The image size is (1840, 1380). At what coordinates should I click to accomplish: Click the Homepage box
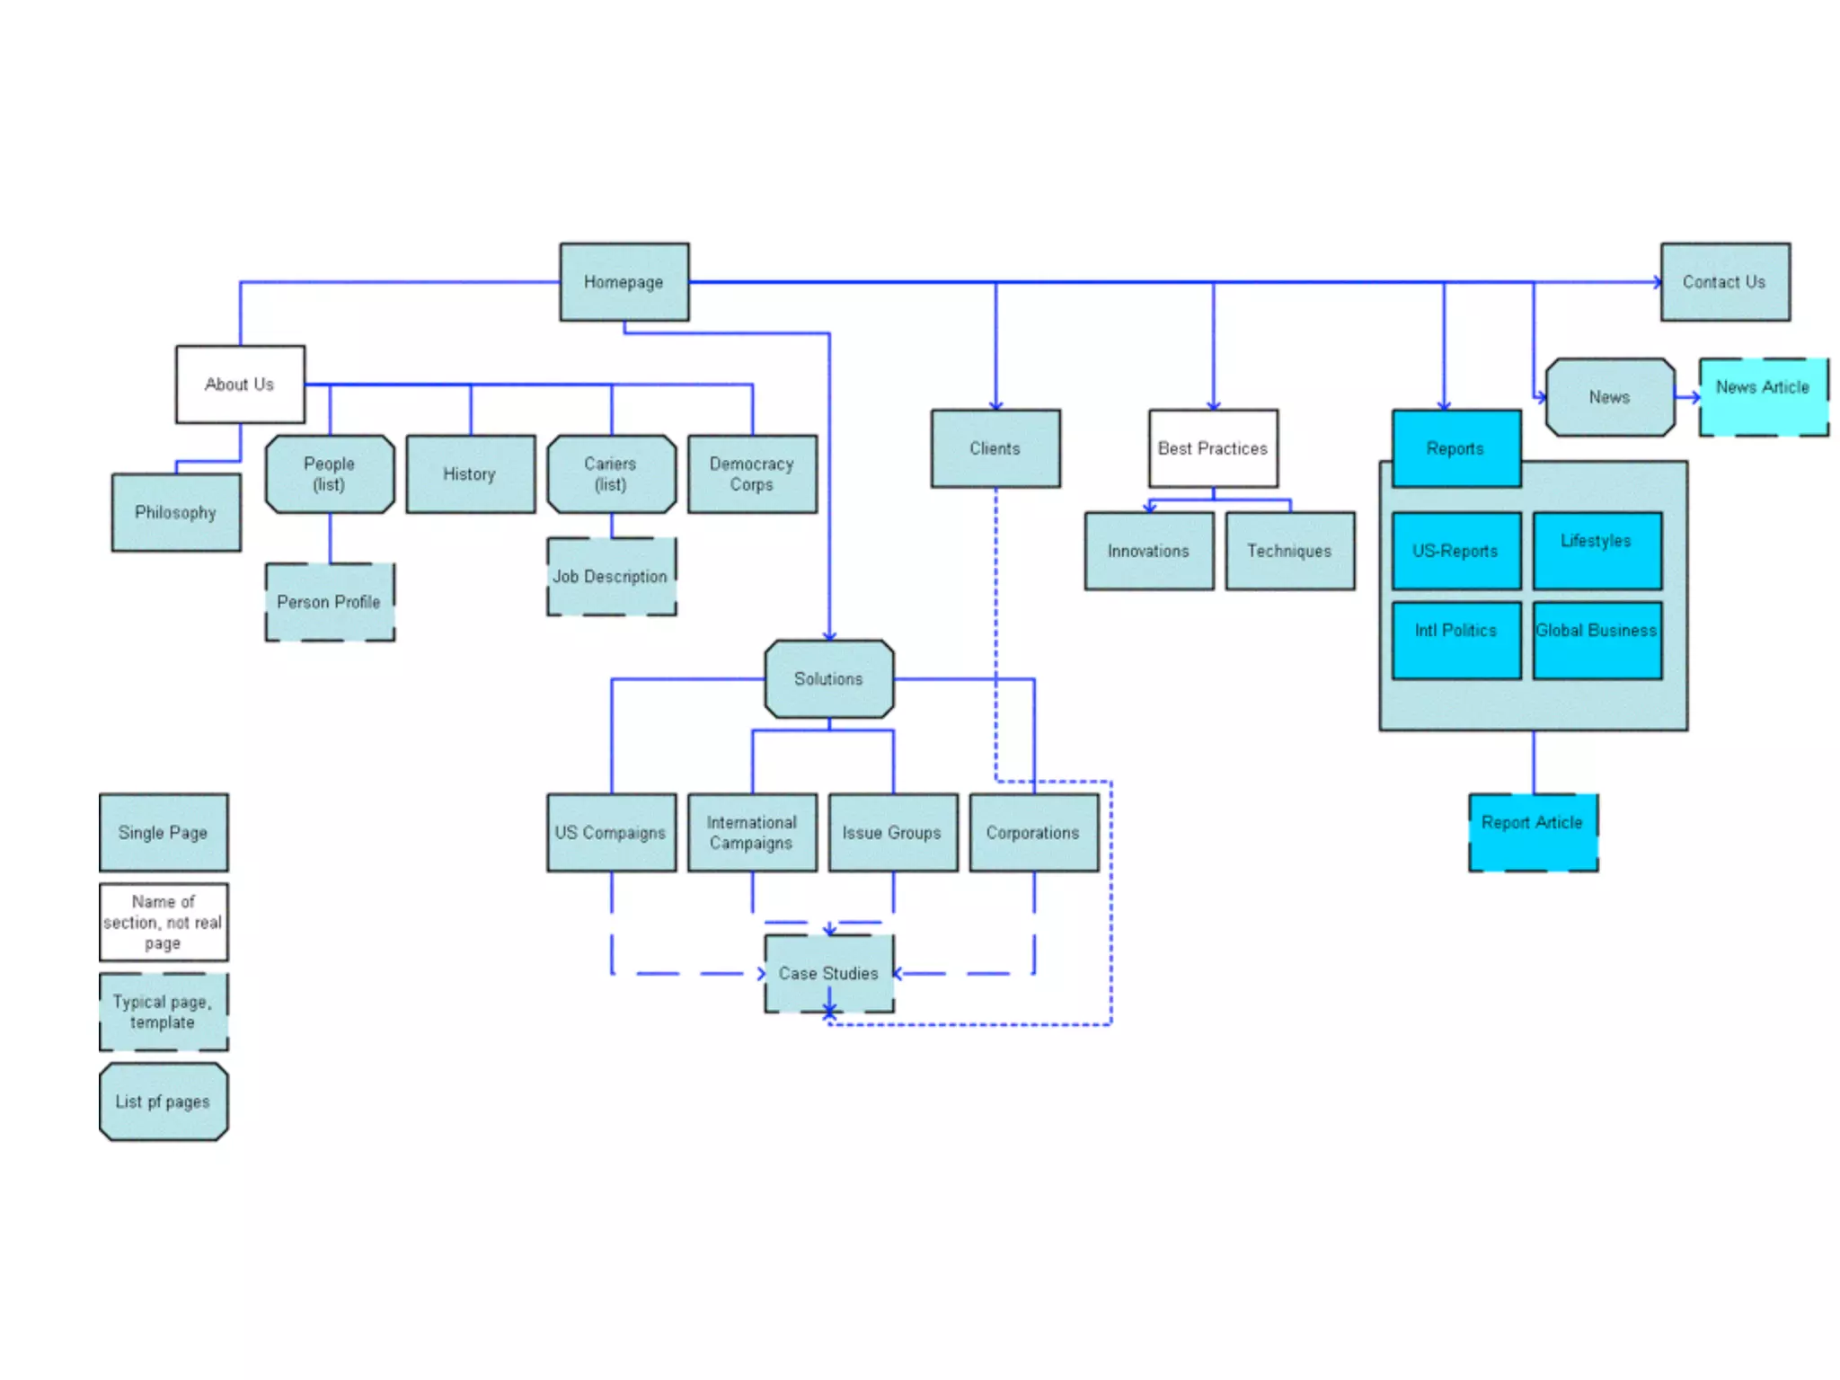click(x=624, y=281)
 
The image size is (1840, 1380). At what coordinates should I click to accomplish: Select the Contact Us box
click(x=1724, y=281)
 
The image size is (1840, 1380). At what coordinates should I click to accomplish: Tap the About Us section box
click(x=240, y=385)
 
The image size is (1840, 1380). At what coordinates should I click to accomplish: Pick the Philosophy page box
click(x=176, y=512)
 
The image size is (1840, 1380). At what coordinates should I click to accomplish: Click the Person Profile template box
click(x=329, y=602)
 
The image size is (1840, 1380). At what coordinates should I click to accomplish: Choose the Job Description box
click(x=611, y=577)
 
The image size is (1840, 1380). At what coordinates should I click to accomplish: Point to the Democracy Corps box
click(x=752, y=474)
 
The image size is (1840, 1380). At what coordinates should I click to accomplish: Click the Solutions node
click(x=828, y=679)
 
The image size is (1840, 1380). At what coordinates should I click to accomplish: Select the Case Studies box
click(x=828, y=973)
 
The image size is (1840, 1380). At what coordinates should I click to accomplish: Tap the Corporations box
click(x=1033, y=833)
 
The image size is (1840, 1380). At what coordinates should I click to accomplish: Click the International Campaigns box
click(x=752, y=833)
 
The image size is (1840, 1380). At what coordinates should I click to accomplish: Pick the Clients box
click(x=995, y=448)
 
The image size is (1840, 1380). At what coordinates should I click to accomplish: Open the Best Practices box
click(x=1213, y=448)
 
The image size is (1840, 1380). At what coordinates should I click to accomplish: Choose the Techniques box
click(x=1289, y=551)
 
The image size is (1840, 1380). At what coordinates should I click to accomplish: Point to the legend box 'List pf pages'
click(x=164, y=1101)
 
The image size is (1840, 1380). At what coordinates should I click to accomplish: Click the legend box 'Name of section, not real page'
click(x=164, y=922)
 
